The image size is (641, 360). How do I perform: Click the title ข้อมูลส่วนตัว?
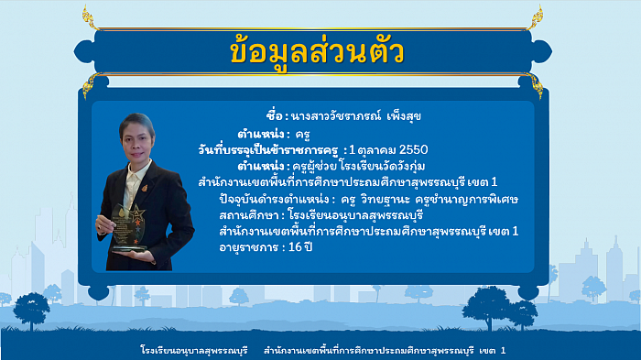320,52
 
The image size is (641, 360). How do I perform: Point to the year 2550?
410,149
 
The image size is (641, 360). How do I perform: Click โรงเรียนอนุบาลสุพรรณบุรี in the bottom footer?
194,351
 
